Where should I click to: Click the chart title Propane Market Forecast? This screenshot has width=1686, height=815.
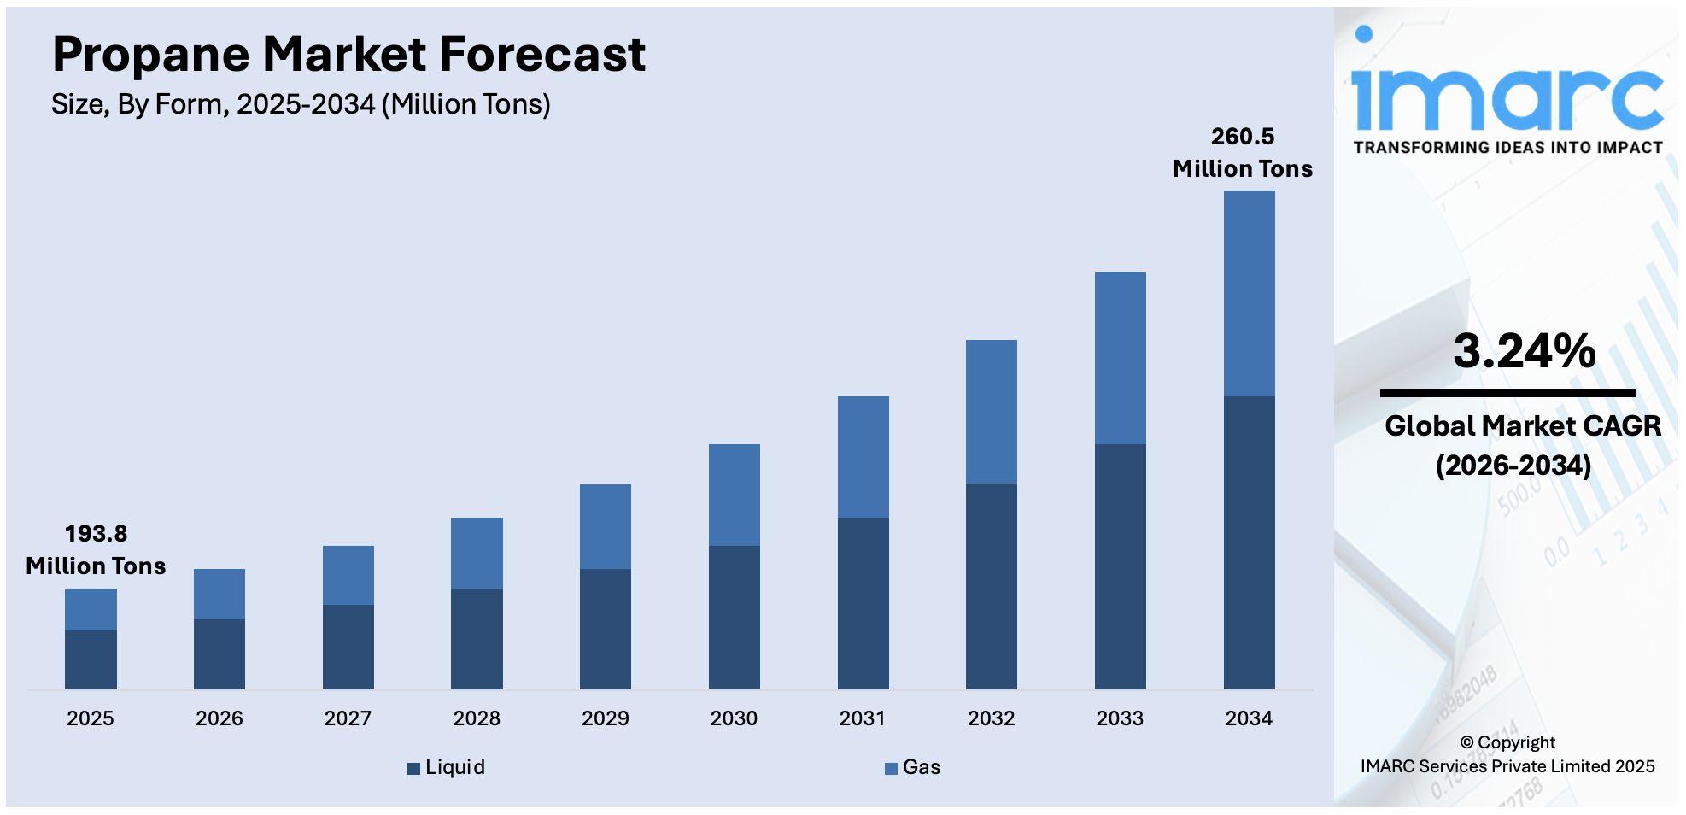pyautogui.click(x=348, y=55)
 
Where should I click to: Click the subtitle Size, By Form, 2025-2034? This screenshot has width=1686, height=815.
pyautogui.click(x=301, y=104)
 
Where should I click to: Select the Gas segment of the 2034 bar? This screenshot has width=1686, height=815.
pyautogui.click(x=1249, y=293)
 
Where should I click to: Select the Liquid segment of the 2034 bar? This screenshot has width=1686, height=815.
pyautogui.click(x=1249, y=542)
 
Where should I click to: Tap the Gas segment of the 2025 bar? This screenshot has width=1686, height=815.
pyautogui.click(x=91, y=609)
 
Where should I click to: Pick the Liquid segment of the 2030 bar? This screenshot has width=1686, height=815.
pyautogui.click(x=734, y=617)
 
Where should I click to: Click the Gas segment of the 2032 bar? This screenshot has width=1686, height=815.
pyautogui.click(x=991, y=412)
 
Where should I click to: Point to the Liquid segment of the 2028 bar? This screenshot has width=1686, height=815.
pyautogui.click(x=477, y=638)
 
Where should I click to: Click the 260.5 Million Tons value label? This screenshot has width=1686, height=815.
pyautogui.click(x=1242, y=152)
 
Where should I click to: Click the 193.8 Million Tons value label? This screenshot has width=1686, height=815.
pyautogui.click(x=96, y=549)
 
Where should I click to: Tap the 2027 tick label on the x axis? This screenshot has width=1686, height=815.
pyautogui.click(x=348, y=718)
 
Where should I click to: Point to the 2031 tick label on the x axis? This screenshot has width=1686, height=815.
pyautogui.click(x=862, y=718)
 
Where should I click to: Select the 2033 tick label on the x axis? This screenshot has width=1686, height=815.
pyautogui.click(x=1120, y=718)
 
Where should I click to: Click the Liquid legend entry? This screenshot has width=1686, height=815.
pyautogui.click(x=447, y=767)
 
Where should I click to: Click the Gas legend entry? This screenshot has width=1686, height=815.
pyautogui.click(x=912, y=767)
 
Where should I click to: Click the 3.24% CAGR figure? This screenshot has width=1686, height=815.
pyautogui.click(x=1524, y=351)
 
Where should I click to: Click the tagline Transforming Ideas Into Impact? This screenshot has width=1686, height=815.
pyautogui.click(x=1507, y=148)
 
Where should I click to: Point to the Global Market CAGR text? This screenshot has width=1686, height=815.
pyautogui.click(x=1522, y=426)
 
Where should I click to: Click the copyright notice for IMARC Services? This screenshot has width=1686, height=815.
pyautogui.click(x=1507, y=754)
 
